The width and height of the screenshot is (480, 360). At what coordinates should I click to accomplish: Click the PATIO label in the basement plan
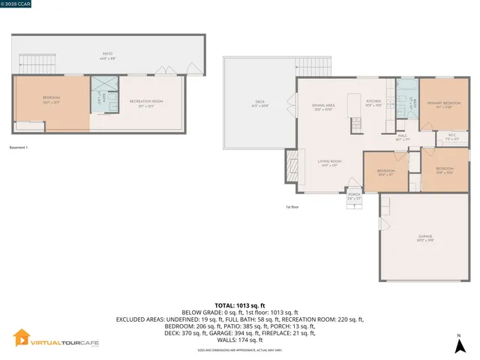[x=109, y=55]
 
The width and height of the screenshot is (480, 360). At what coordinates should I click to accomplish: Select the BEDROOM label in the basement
[x=51, y=99]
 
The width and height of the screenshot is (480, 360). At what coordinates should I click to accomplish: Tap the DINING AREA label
[x=323, y=106]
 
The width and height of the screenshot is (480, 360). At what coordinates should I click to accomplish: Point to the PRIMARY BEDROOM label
[x=443, y=104]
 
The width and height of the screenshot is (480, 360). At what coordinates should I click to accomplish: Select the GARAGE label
[x=425, y=238]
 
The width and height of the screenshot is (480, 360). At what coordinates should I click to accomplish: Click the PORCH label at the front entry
[x=353, y=196]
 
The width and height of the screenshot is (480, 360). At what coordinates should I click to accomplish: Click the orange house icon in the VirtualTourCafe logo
[x=22, y=339]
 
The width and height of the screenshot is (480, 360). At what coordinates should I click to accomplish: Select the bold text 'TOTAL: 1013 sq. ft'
[x=240, y=306]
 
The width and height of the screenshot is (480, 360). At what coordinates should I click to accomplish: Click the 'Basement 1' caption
[x=18, y=147]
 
